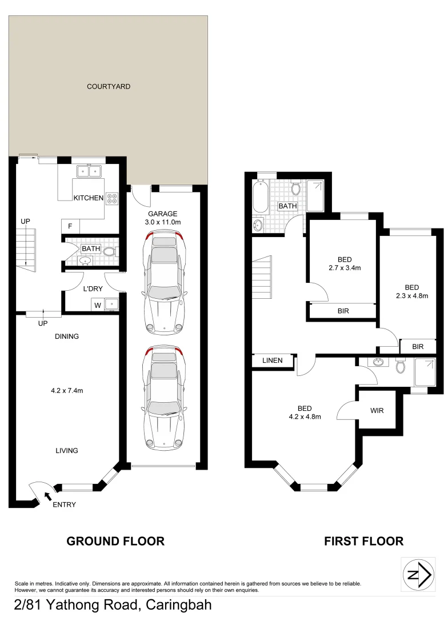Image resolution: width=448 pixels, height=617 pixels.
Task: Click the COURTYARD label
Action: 109,87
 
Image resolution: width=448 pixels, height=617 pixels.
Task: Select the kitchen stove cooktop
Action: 112,199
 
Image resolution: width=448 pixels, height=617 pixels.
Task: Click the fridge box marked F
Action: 70,226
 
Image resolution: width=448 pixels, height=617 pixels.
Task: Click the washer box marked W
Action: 98,305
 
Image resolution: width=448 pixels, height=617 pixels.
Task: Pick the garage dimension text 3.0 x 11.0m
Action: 164,222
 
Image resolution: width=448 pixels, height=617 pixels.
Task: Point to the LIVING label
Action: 67,451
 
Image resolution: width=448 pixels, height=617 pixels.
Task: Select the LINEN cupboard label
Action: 273,361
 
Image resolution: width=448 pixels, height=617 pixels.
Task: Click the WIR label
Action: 377,410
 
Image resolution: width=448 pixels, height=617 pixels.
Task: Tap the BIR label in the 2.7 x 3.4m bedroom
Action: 343,311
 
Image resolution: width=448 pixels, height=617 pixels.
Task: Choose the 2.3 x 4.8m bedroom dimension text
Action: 411,295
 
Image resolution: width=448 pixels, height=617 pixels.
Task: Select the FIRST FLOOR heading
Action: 363,541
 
